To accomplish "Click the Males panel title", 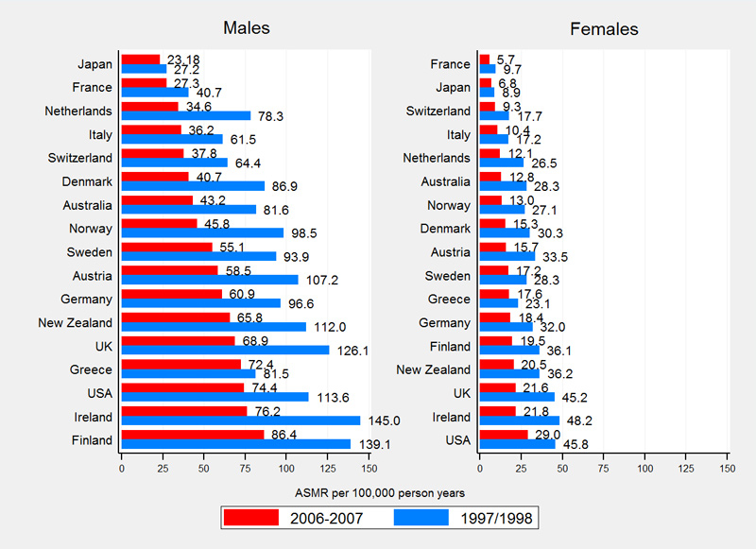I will pyautogui.click(x=246, y=28).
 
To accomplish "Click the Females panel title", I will pyautogui.click(x=604, y=28).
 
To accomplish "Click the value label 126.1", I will pyautogui.click(x=348, y=351).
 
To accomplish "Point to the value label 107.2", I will pyautogui.click(x=317, y=281).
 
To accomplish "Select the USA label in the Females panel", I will pyautogui.click(x=457, y=440).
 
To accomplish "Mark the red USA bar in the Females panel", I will pyautogui.click(x=503, y=435).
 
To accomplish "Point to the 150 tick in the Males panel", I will pyautogui.click(x=369, y=467).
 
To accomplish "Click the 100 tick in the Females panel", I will pyautogui.click(x=644, y=467).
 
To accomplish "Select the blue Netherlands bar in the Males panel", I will pyautogui.click(x=185, y=115).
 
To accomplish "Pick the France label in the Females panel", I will pyautogui.click(x=451, y=64).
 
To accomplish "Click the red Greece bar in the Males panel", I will pyautogui.click(x=180, y=364).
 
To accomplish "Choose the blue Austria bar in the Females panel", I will pyautogui.click(x=507, y=257).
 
